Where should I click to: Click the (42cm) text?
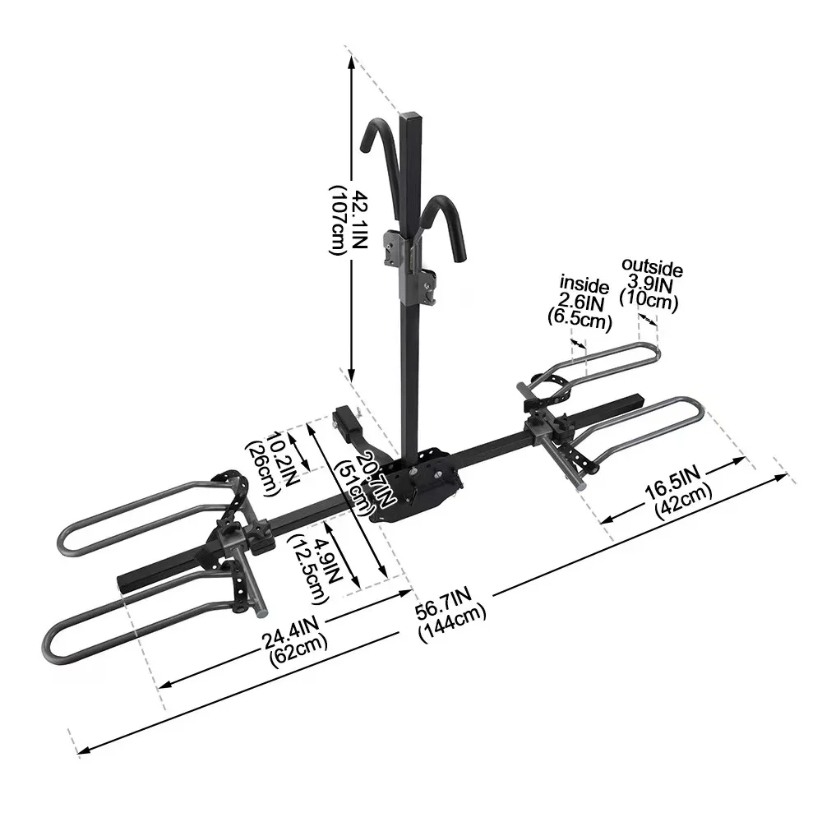click(x=683, y=501)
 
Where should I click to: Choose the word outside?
click(x=652, y=267)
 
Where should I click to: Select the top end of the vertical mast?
click(x=410, y=119)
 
